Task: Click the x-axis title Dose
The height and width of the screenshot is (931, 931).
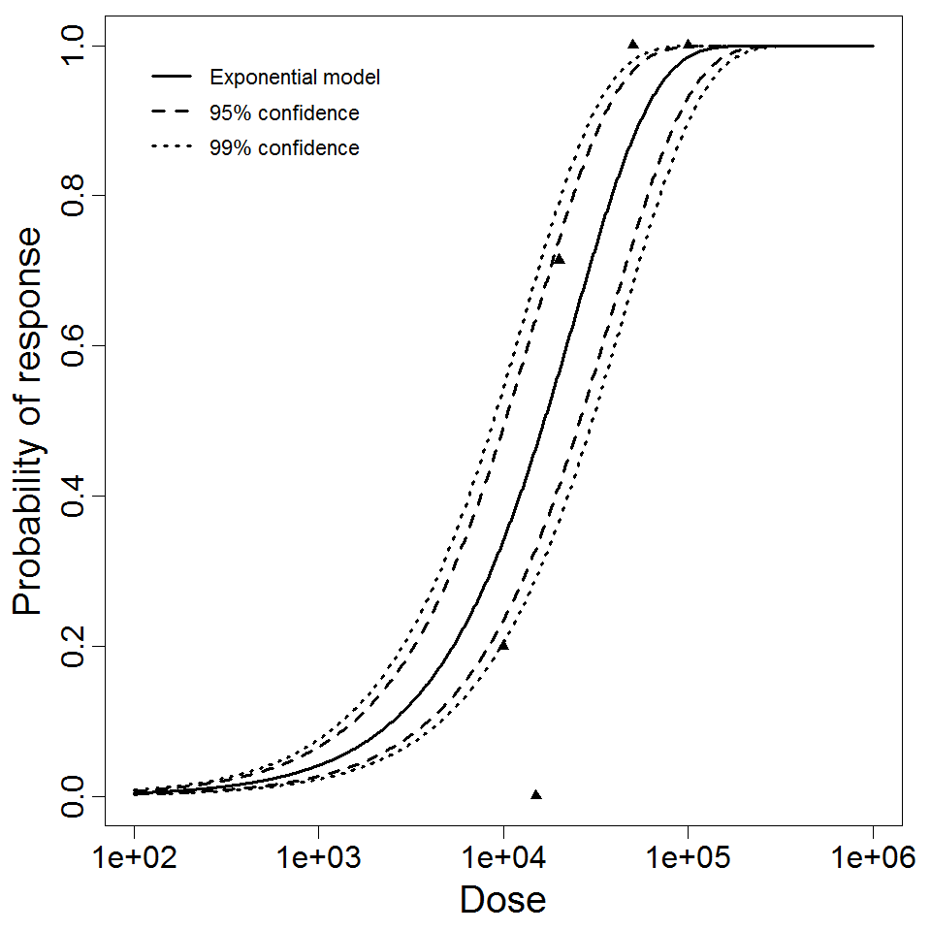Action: (502, 901)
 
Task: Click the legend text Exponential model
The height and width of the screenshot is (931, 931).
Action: (295, 78)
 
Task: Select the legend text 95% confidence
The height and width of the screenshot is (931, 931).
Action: (284, 113)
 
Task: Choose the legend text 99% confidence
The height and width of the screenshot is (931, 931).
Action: (284, 148)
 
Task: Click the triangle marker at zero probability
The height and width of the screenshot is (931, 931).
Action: (535, 795)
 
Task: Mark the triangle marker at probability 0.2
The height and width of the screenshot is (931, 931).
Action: (503, 645)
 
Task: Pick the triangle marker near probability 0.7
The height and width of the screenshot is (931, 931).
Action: (559, 259)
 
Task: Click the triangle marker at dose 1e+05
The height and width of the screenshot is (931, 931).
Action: (688, 45)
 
